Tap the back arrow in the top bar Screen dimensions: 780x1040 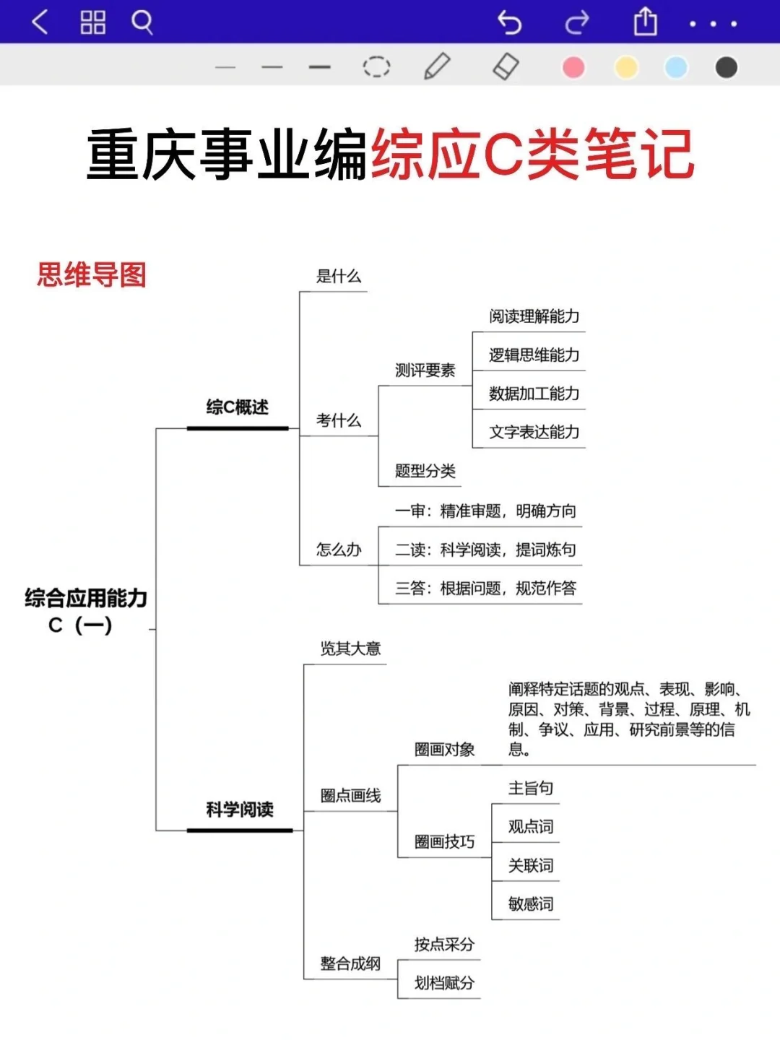pyautogui.click(x=40, y=22)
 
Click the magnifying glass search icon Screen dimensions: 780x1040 pyautogui.click(x=142, y=22)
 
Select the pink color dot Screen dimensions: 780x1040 pyautogui.click(x=573, y=67)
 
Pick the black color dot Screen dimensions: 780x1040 pyautogui.click(x=726, y=67)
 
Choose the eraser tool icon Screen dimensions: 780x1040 pyautogui.click(x=506, y=66)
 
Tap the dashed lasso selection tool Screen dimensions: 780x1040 pyautogui.click(x=376, y=67)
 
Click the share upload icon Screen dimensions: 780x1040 pyautogui.click(x=645, y=22)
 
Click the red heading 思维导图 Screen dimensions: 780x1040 pyautogui.click(x=92, y=275)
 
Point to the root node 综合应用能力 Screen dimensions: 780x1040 pyautogui.click(x=85, y=599)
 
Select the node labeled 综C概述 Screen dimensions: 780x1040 pyautogui.click(x=237, y=407)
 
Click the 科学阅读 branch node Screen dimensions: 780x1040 pyautogui.click(x=240, y=810)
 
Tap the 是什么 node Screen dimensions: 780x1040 pyautogui.click(x=339, y=276)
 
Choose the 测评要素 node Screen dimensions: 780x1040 pyautogui.click(x=425, y=370)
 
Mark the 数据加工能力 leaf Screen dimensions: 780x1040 pyautogui.click(x=534, y=394)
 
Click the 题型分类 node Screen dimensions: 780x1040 pyautogui.click(x=425, y=472)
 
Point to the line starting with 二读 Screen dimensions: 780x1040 pyautogui.click(x=485, y=550)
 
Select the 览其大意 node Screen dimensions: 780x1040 pyautogui.click(x=350, y=649)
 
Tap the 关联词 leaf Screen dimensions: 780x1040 pyautogui.click(x=531, y=865)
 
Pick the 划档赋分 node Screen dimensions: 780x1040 pyautogui.click(x=444, y=983)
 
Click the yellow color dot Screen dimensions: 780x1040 pyautogui.click(x=626, y=67)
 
